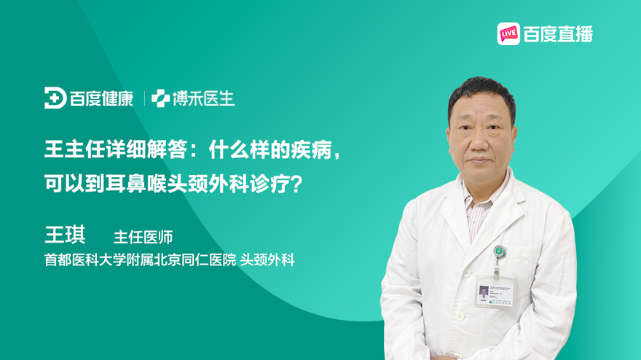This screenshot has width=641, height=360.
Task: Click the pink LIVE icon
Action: click(508, 34)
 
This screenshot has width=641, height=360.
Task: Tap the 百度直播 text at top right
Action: click(558, 34)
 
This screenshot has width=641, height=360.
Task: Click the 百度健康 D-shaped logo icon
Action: click(55, 98)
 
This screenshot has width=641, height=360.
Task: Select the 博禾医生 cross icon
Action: click(160, 98)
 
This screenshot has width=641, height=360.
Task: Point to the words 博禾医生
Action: click(203, 98)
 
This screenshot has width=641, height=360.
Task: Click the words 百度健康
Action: click(101, 98)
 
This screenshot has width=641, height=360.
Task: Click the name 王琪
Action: click(65, 235)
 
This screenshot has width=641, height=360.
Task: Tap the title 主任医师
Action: click(143, 237)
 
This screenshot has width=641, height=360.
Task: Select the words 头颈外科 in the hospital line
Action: click(267, 259)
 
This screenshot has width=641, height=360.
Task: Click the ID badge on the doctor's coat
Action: click(495, 291)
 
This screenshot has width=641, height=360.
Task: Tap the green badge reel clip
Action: click(500, 251)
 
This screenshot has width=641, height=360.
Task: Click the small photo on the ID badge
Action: click(484, 292)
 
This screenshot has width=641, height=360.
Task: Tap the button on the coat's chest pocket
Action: click(465, 273)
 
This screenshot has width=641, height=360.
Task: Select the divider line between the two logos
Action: click(144, 98)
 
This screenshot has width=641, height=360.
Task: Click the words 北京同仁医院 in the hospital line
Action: click(195, 259)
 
